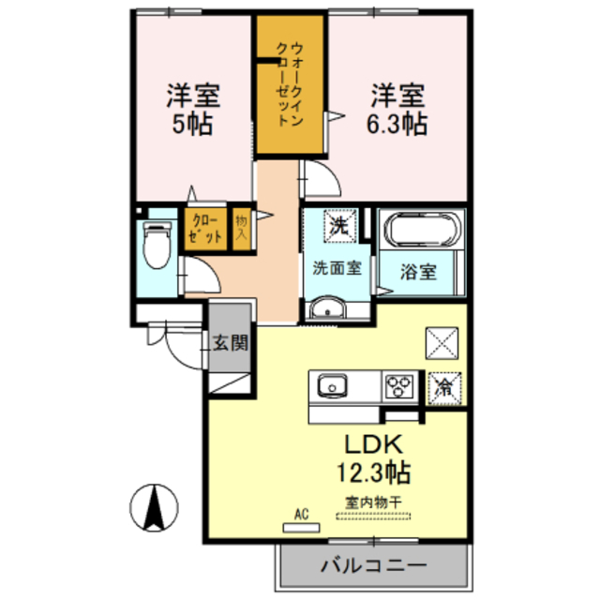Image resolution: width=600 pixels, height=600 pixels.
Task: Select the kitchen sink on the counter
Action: [x=332, y=386]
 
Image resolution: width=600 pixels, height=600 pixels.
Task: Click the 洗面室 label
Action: [x=337, y=266]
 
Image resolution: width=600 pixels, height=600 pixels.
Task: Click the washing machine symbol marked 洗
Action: [x=337, y=224]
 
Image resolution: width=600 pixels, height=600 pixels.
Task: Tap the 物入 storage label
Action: [x=242, y=229]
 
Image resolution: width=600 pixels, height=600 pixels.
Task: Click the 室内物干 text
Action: [x=374, y=502]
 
